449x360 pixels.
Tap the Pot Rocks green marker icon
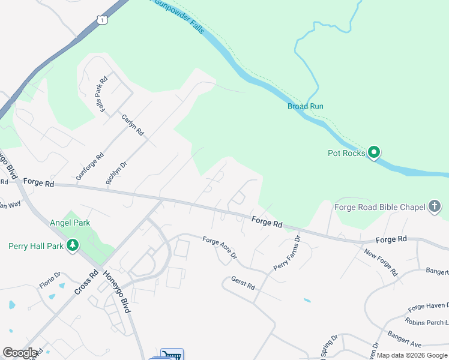click(x=374, y=153)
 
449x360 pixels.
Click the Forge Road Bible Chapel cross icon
click(x=435, y=207)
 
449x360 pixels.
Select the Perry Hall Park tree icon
click(x=73, y=245)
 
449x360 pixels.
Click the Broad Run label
click(x=305, y=106)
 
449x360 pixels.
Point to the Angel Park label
click(x=70, y=223)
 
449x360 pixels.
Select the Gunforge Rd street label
click(x=90, y=166)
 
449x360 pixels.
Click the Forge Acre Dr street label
click(x=220, y=248)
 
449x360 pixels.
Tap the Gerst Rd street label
click(x=243, y=283)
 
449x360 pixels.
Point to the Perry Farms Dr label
click(x=287, y=253)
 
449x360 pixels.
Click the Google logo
click(x=20, y=353)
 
